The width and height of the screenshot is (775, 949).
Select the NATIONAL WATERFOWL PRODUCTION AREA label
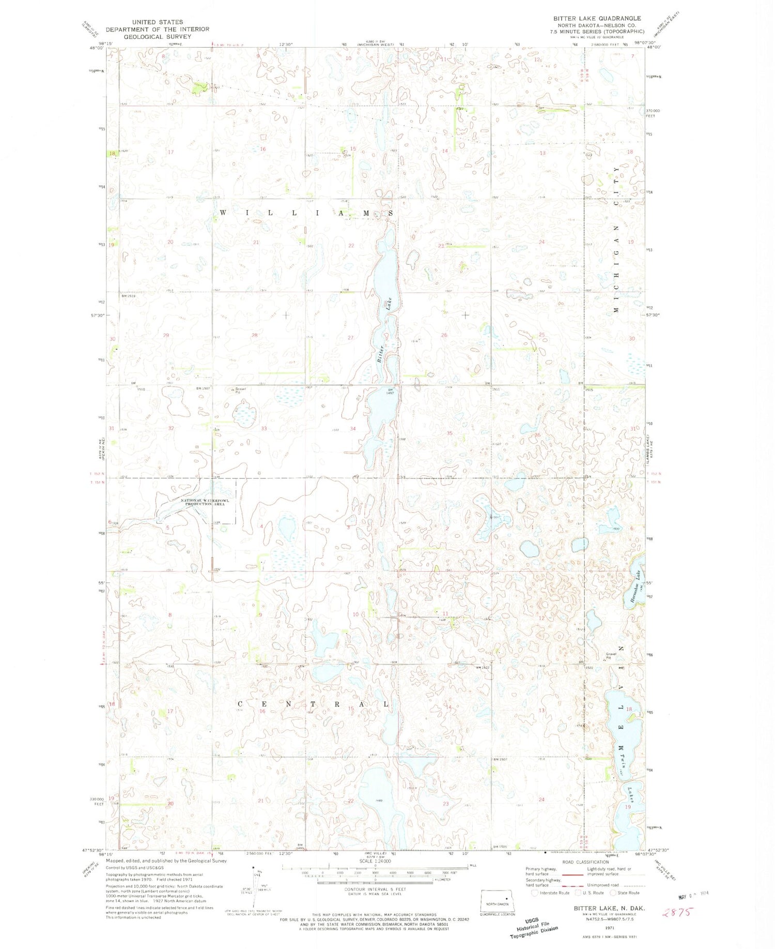pyautogui.click(x=203, y=502)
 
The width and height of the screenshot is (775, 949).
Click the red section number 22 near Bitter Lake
pyautogui.click(x=351, y=246)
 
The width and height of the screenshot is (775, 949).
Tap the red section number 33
pyautogui.click(x=264, y=428)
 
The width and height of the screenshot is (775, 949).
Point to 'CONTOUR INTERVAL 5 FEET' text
pyautogui.click(x=375, y=889)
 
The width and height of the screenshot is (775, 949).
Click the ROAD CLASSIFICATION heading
pyautogui.click(x=585, y=862)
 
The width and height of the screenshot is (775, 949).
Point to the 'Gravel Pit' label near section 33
pyautogui.click(x=241, y=390)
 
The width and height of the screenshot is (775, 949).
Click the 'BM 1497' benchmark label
pyautogui.click(x=391, y=391)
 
